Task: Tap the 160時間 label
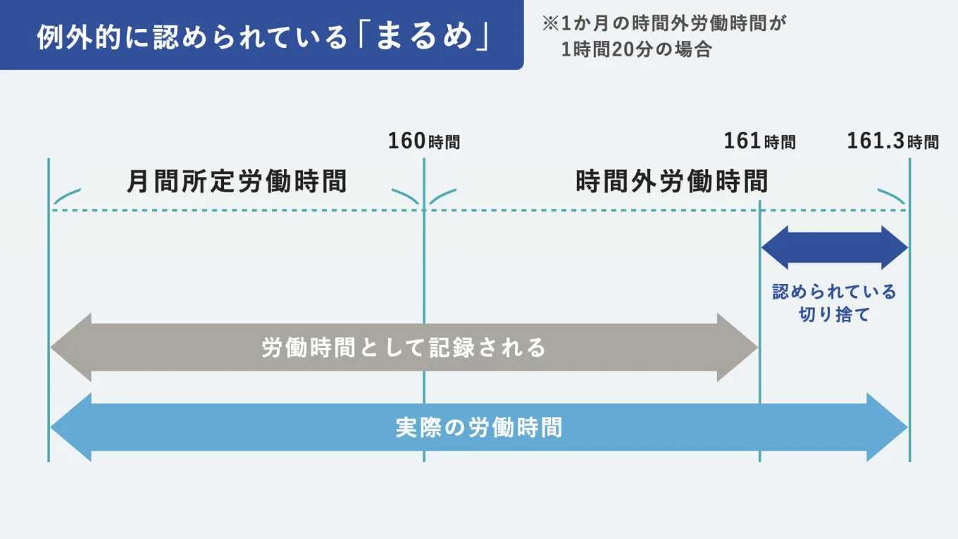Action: point(423,142)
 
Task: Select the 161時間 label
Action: point(759,142)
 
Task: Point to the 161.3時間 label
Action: point(892,142)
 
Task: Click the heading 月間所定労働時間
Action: point(237,182)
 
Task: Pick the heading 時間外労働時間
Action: point(671,182)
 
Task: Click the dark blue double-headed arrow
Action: point(835,248)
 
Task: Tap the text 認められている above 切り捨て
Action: point(835,292)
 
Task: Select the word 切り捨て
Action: point(835,314)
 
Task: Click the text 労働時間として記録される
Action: point(404,347)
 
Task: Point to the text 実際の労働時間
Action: point(479,428)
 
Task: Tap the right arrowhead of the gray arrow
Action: point(737,347)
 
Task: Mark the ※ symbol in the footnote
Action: point(549,23)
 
